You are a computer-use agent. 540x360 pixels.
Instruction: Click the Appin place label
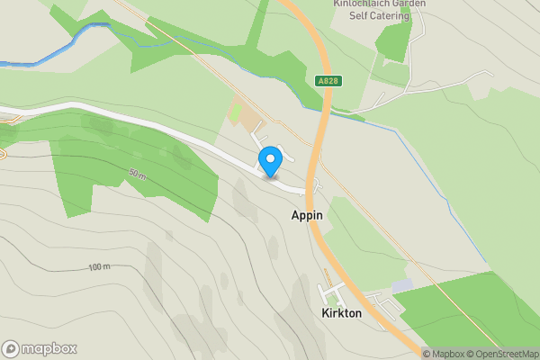tap(306, 216)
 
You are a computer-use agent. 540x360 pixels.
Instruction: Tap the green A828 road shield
tap(328, 81)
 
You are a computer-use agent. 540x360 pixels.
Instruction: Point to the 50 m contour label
tap(138, 173)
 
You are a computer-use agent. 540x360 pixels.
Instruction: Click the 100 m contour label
tap(99, 267)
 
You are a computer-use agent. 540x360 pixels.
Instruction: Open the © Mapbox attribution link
tap(443, 354)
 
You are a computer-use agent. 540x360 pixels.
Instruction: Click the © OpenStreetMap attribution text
tap(500, 354)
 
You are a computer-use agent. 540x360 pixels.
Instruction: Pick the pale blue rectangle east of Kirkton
tap(402, 285)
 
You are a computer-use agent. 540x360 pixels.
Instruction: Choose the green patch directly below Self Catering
tap(393, 42)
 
